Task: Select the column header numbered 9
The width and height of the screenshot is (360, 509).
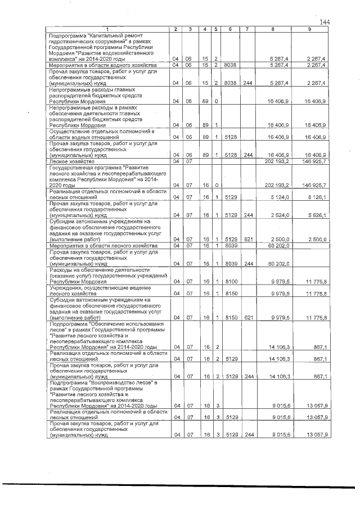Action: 309,29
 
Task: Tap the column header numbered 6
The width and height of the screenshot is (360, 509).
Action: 230,29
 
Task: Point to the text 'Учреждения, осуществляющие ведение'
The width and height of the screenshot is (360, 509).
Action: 90,288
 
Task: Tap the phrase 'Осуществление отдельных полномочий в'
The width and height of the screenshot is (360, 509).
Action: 89,131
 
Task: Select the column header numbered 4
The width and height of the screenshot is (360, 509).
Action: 206,29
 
